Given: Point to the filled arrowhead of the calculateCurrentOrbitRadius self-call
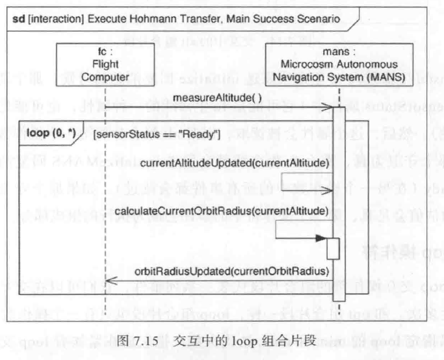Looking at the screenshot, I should pos(320,238).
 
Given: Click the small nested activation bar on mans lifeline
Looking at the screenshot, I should pos(333,248).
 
